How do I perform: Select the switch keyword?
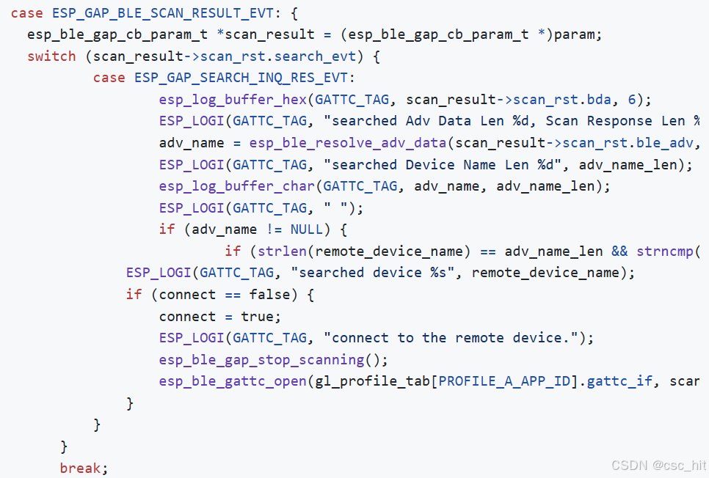pyautogui.click(x=51, y=56)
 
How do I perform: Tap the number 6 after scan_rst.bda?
pyautogui.click(x=632, y=100)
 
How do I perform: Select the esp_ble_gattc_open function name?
pyautogui.click(x=233, y=381)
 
